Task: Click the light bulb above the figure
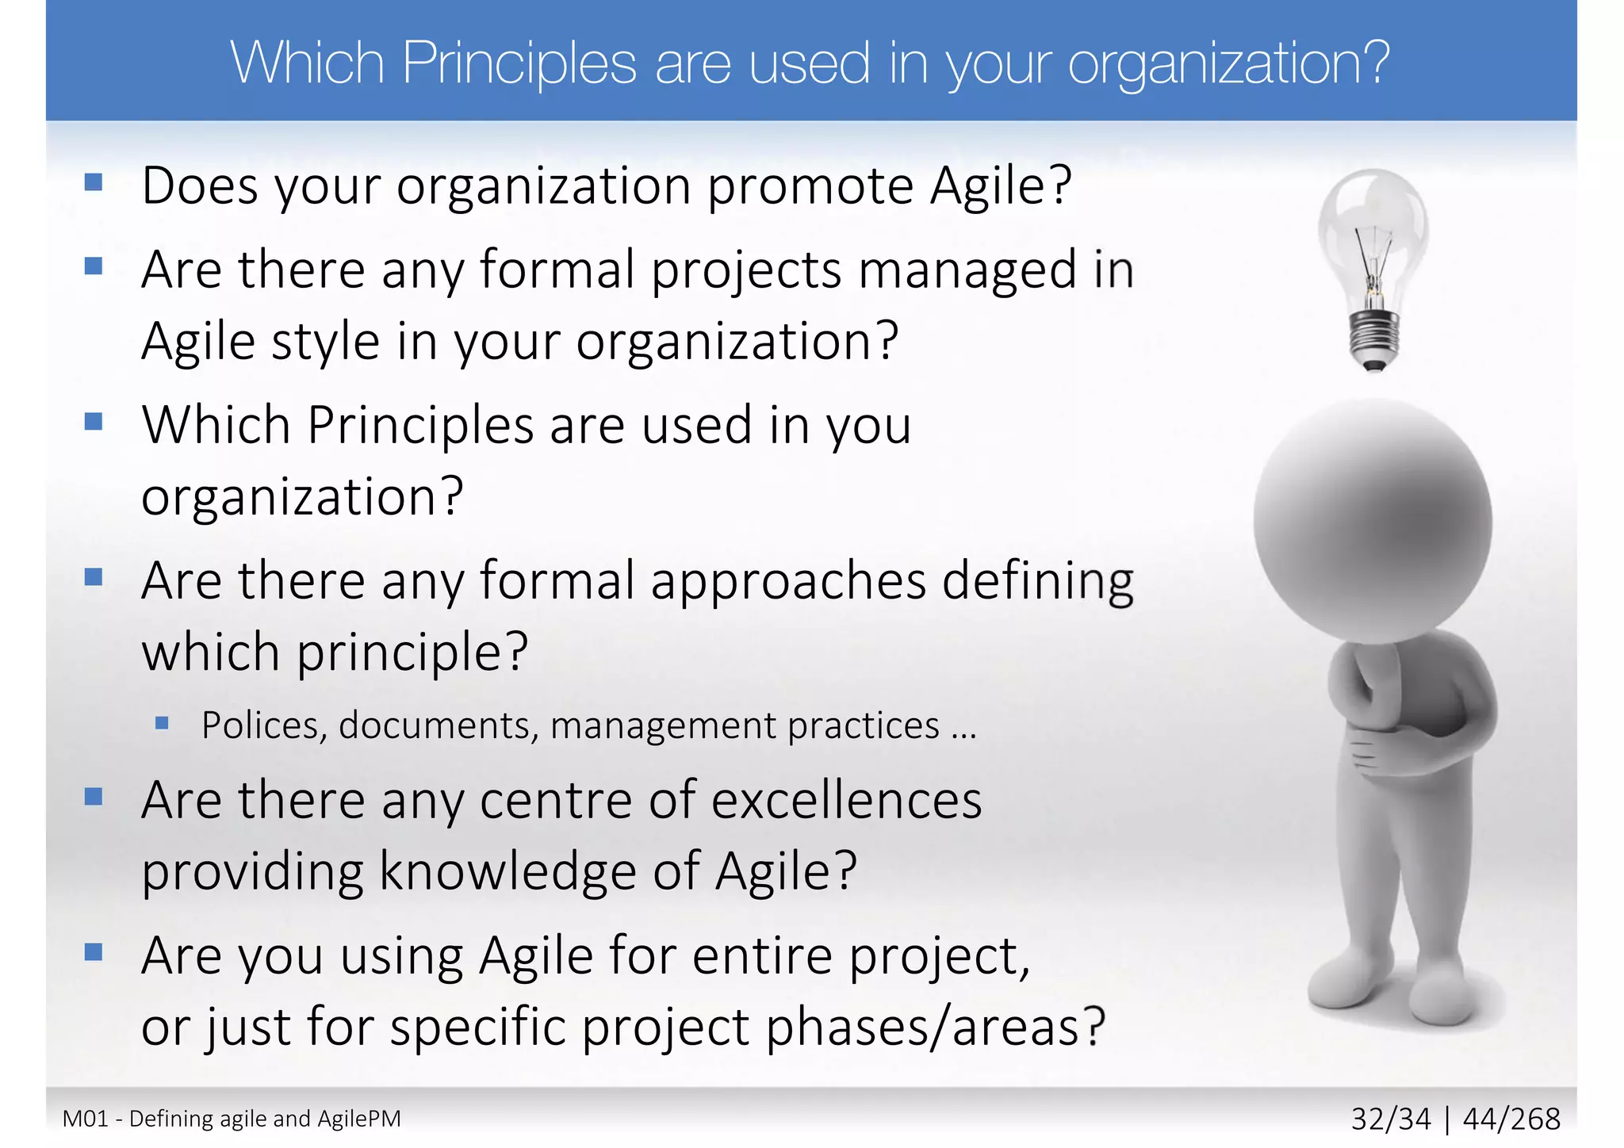pos(1374,246)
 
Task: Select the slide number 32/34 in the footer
pos(1391,1119)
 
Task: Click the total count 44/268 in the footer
pos(1511,1119)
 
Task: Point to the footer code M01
pos(85,1119)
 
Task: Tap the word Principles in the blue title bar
pos(519,63)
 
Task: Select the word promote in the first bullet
pos(810,186)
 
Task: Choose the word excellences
pos(846,800)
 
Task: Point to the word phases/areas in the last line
pos(935,1027)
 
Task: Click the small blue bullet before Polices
pos(163,722)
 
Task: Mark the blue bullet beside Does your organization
pos(94,183)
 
